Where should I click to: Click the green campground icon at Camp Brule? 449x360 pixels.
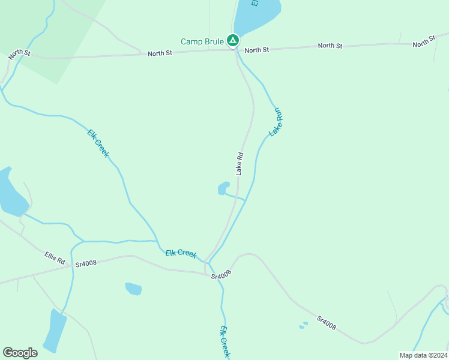(x=233, y=41)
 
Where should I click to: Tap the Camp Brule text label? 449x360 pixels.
(x=202, y=41)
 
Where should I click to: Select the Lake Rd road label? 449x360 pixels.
(x=240, y=163)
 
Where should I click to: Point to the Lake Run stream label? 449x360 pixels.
(x=276, y=122)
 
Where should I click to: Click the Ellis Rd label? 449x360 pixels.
(x=54, y=258)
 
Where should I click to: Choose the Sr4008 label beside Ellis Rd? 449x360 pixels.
(x=85, y=263)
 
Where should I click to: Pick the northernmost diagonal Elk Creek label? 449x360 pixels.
(x=98, y=143)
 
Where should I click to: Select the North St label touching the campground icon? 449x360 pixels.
(x=256, y=50)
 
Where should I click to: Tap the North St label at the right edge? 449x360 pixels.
(x=423, y=42)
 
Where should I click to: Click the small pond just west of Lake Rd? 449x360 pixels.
(x=223, y=188)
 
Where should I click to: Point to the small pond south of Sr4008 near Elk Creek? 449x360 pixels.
(x=133, y=289)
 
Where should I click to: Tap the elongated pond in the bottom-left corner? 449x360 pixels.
(x=56, y=331)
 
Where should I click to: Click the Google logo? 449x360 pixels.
(x=20, y=353)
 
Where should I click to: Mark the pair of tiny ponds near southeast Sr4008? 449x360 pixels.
(x=304, y=325)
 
